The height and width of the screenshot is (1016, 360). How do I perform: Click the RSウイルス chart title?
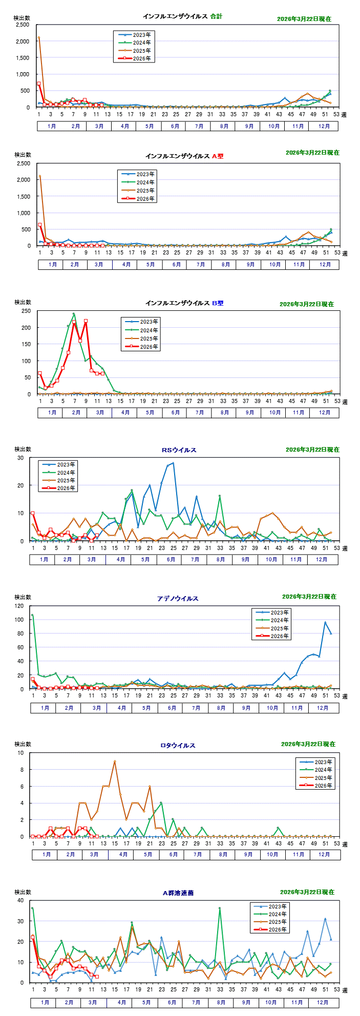[179, 450]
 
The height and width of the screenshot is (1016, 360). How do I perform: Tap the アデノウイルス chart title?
[178, 598]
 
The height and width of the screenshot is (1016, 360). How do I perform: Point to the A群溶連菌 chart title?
[178, 893]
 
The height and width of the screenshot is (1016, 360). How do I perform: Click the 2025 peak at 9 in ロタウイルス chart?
[115, 761]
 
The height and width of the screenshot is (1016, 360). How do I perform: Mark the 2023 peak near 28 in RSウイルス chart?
[173, 463]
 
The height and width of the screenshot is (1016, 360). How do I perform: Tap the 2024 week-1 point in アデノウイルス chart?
[32, 615]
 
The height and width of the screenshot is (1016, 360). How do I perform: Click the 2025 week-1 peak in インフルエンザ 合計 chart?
[39, 37]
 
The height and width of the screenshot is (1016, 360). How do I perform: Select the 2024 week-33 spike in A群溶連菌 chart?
[220, 908]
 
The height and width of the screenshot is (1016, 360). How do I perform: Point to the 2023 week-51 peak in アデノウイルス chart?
[325, 622]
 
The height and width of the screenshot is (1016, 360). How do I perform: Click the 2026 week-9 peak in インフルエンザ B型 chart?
[86, 321]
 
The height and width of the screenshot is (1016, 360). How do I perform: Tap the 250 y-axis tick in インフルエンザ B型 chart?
[25, 311]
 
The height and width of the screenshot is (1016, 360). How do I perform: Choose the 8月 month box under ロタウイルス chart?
[223, 854]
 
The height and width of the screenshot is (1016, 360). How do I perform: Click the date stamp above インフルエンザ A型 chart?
[312, 153]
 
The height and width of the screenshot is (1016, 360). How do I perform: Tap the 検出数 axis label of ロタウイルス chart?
[23, 744]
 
